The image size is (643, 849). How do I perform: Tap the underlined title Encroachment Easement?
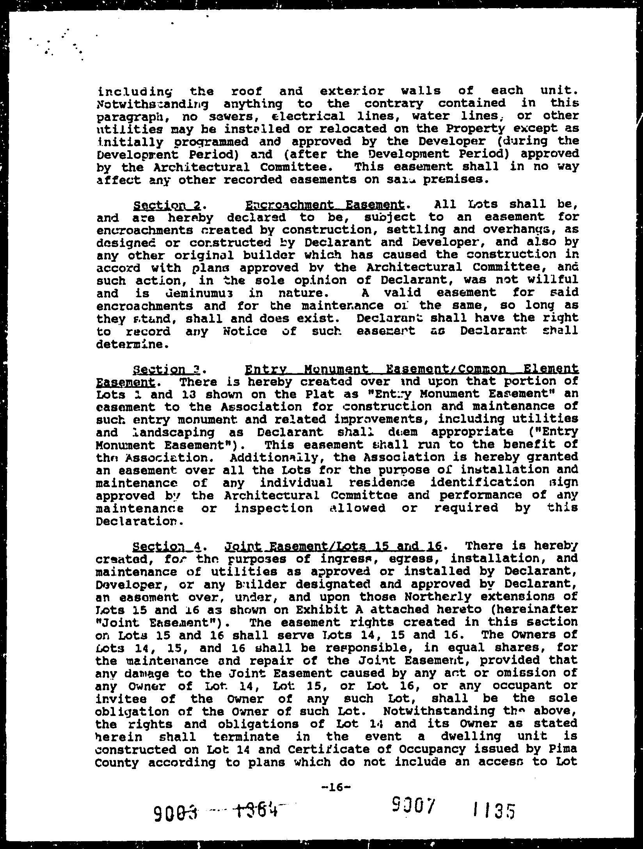[325, 204]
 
